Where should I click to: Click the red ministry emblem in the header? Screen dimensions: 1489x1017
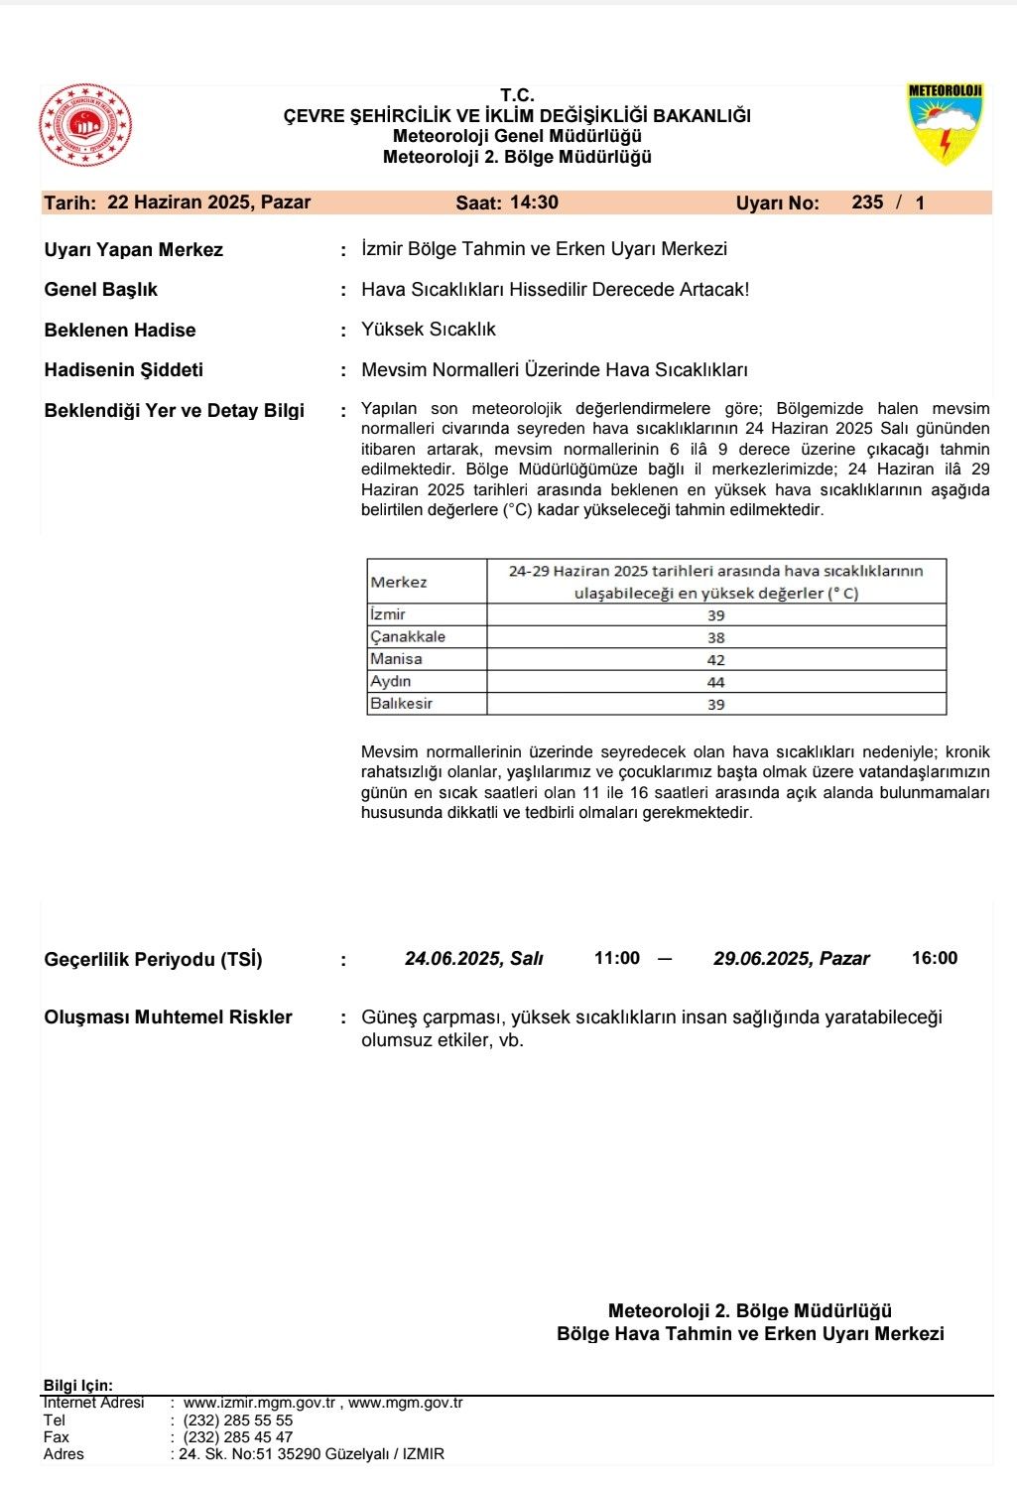[x=85, y=126]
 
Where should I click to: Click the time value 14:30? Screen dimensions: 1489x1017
[x=534, y=203]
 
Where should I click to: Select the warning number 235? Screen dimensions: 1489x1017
[x=867, y=203]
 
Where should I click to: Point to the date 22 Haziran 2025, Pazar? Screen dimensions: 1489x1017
[x=208, y=203]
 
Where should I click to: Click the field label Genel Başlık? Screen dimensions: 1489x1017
[x=100, y=290]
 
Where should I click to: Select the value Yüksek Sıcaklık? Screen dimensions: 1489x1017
[x=428, y=330]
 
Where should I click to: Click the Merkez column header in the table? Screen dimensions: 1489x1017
[x=399, y=583]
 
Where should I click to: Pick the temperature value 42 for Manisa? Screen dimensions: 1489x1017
[x=715, y=660]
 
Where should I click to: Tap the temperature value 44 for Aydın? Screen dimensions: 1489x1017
[x=715, y=682]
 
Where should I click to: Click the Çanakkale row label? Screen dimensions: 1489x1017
[x=408, y=637]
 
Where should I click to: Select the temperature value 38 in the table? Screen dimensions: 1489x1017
[x=715, y=637]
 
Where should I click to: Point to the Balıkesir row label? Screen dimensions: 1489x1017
[x=401, y=704]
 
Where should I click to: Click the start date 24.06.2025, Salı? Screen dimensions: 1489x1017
[x=473, y=959]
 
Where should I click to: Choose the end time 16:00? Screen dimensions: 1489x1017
[x=934, y=959]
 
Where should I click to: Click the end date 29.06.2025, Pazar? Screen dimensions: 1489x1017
[x=791, y=959]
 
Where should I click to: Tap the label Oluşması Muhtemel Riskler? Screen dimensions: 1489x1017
[x=168, y=1017]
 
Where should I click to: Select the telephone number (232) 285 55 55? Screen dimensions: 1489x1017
[x=238, y=1421]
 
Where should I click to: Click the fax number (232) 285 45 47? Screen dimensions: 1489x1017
[x=238, y=1437]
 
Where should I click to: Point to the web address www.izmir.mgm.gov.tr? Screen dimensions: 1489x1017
[x=260, y=1404]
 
